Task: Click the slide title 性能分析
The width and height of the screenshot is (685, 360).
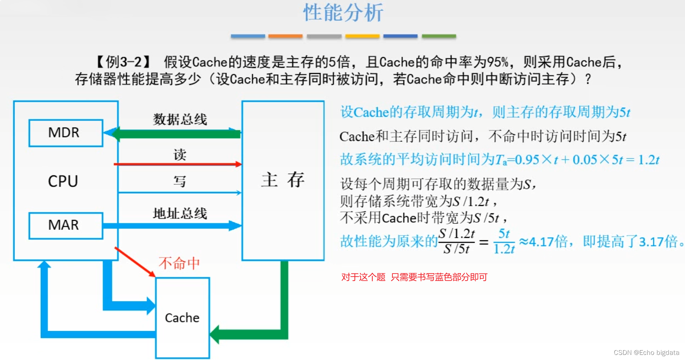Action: [x=343, y=13]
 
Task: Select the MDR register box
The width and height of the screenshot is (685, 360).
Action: [x=66, y=133]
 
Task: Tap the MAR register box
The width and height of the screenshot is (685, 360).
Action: [x=66, y=225]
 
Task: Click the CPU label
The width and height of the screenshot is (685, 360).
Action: [x=63, y=181]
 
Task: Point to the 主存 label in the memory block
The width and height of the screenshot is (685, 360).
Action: [x=282, y=180]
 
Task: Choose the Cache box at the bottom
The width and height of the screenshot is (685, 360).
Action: [x=182, y=318]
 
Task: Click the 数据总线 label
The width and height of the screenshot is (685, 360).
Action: [x=180, y=119]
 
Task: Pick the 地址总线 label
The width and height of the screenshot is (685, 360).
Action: [x=180, y=214]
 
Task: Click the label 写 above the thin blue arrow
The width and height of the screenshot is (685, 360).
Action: [x=180, y=182]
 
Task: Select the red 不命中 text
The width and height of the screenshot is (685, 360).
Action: [x=179, y=263]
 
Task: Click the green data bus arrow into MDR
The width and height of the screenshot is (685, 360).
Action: [x=176, y=134]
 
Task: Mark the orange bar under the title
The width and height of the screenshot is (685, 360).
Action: [x=285, y=36]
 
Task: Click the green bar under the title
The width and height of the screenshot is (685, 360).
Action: [x=439, y=36]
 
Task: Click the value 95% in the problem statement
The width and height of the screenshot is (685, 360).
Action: [x=498, y=62]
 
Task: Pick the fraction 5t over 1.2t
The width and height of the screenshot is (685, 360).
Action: [x=504, y=241]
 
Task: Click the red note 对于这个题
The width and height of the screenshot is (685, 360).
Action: [x=363, y=277]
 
